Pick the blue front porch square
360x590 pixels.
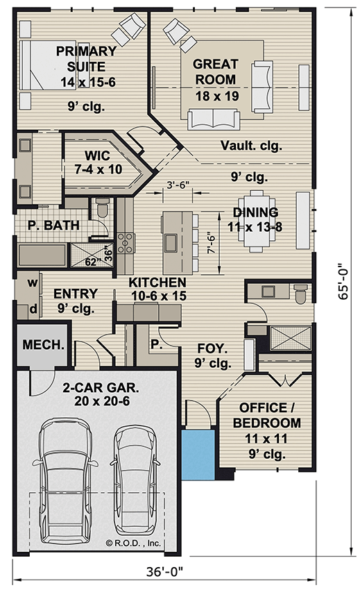click(199, 453)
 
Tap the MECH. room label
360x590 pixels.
click(43, 345)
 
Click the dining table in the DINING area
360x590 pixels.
click(255, 221)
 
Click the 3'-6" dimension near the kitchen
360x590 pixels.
click(178, 186)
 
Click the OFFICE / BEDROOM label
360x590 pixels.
click(266, 415)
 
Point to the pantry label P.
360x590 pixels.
click(155, 344)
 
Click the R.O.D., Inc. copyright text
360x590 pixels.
click(133, 543)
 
